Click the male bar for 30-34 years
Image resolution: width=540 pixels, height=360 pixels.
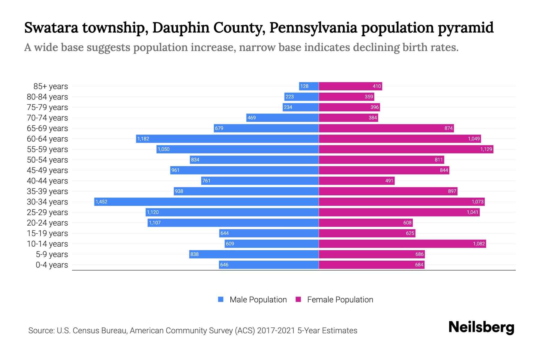click(206, 202)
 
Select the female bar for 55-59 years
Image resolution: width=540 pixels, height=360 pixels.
click(406, 149)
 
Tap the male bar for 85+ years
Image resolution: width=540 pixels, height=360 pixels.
click(309, 86)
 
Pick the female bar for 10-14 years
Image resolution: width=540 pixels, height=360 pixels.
click(402, 244)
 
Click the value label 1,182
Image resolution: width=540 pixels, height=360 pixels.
click(143, 139)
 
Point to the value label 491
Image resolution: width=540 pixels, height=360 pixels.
click(389, 181)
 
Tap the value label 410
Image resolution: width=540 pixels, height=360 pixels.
click(377, 86)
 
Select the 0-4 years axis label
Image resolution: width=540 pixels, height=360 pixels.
click(52, 265)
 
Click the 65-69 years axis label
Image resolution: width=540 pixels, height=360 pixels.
click(47, 128)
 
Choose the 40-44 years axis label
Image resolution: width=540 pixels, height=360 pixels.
click(47, 181)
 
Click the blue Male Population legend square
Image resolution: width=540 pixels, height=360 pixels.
click(221, 299)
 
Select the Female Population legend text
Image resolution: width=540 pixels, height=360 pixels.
click(340, 299)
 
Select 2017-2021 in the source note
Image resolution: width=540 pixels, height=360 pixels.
click(276, 331)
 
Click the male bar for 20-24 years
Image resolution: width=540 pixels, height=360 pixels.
click(233, 223)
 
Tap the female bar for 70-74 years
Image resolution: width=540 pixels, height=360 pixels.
click(348, 118)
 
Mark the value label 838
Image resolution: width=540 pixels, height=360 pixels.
click(194, 254)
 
